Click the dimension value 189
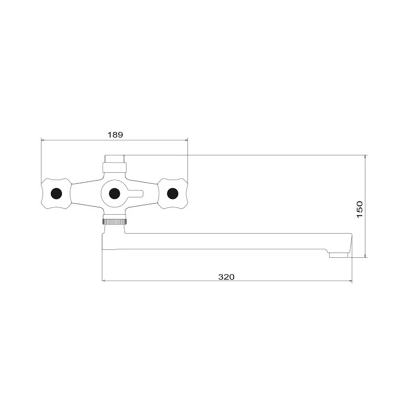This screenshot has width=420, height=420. click(x=115, y=134)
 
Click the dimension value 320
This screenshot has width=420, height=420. click(x=226, y=277)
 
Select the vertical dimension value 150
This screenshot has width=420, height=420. click(x=360, y=209)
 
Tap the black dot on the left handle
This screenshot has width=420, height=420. click(x=56, y=193)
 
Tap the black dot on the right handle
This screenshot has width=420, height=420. click(x=173, y=193)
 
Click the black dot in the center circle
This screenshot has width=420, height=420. click(x=114, y=193)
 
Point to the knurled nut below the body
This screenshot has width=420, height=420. click(x=114, y=222)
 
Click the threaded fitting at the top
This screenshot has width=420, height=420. click(x=114, y=159)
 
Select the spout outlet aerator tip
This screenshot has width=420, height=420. click(x=339, y=255)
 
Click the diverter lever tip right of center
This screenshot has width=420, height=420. click(x=142, y=193)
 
